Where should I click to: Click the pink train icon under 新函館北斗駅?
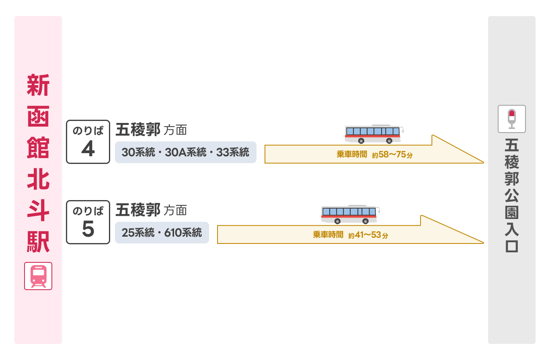(38, 276)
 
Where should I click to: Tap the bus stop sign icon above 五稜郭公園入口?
(511, 119)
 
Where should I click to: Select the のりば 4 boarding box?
(88, 142)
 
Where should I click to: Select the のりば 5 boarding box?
(88, 222)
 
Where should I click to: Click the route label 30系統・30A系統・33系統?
(185, 152)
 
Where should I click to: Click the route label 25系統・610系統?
(162, 233)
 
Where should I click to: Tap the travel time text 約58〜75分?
(392, 155)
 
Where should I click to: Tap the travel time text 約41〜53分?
(368, 235)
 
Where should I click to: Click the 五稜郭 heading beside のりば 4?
(138, 130)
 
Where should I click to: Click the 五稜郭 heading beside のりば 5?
(138, 210)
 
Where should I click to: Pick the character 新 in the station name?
(38, 85)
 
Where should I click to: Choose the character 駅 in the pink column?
(38, 241)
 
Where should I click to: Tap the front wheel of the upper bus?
(389, 141)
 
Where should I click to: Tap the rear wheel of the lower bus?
(338, 221)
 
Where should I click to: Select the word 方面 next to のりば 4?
(175, 130)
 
